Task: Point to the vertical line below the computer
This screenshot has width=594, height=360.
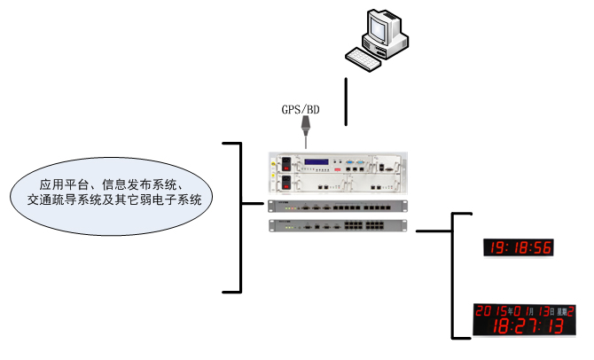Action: (346, 102)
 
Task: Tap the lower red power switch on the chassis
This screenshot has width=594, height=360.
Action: (285, 184)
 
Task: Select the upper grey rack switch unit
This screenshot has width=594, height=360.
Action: (338, 206)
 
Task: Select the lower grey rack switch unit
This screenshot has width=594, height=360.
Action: (338, 224)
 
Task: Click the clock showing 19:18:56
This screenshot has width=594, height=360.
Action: (517, 247)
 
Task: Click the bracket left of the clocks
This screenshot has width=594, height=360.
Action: (454, 275)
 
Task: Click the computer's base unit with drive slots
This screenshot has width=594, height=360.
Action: (391, 46)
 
